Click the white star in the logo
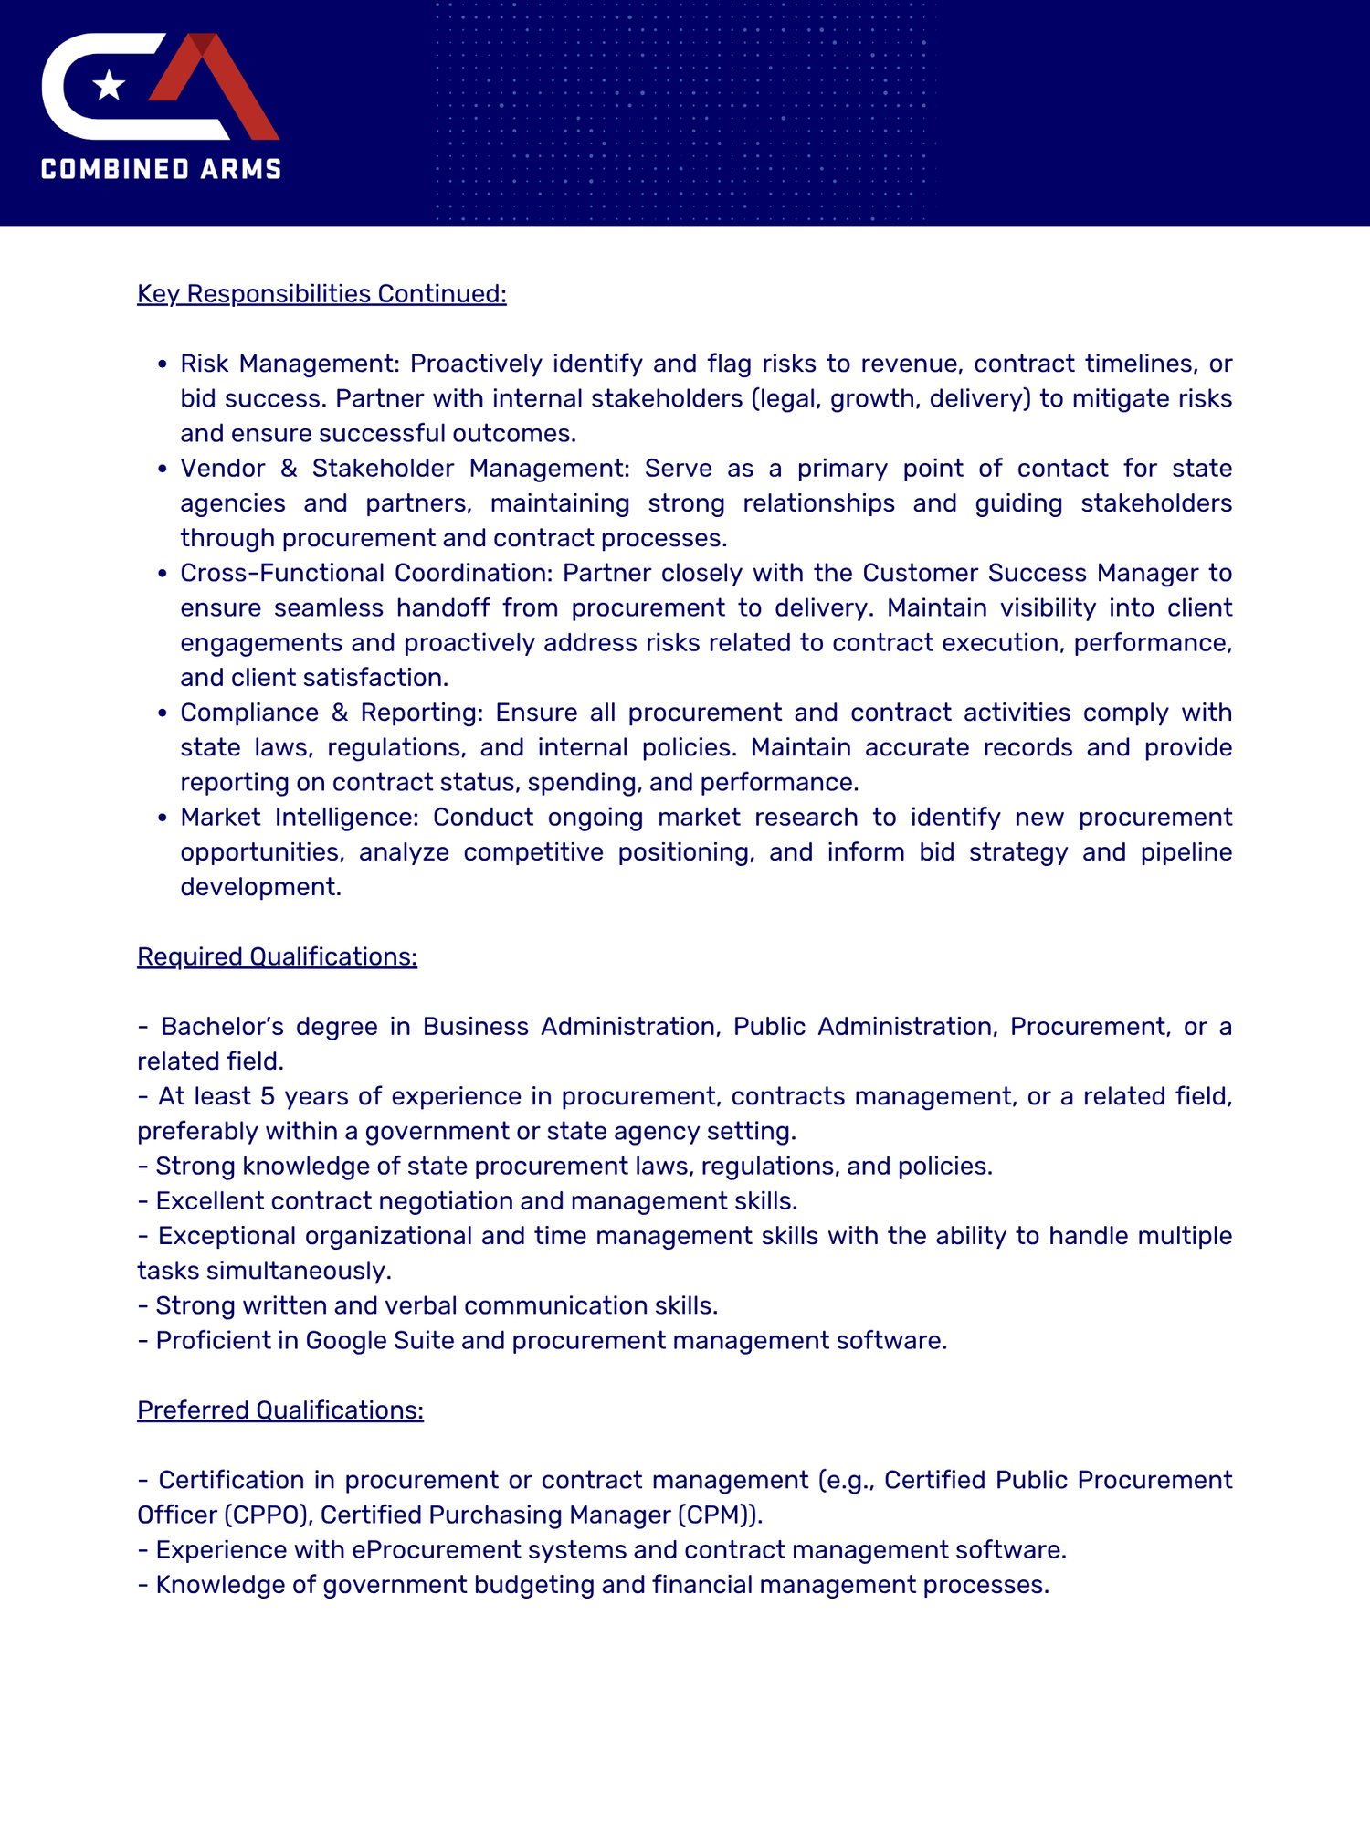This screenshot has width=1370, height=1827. tap(110, 85)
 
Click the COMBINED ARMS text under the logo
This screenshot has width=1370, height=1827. tap(162, 170)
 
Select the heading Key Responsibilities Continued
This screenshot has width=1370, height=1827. tap(321, 294)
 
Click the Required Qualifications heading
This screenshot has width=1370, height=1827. tap(277, 956)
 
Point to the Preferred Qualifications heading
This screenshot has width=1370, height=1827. tap(280, 1410)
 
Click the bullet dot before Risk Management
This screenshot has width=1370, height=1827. tap(163, 364)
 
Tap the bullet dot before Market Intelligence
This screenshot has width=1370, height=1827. tap(163, 818)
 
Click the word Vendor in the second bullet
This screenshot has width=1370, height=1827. tap(223, 469)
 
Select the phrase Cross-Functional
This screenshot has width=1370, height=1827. tap(282, 573)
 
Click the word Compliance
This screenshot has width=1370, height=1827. tap(249, 713)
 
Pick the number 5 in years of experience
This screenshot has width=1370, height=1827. tap(268, 1096)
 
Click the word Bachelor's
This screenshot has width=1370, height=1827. tap(216, 1027)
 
